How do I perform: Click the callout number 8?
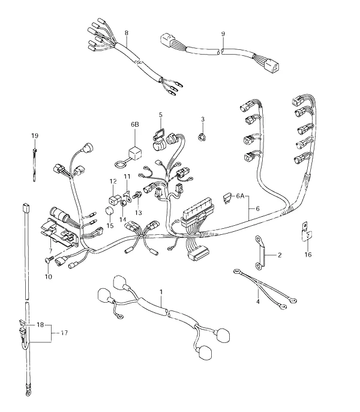pos(127,33)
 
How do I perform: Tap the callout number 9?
pos(223,34)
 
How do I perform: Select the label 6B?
pos(135,124)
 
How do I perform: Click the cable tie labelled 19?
pos(35,165)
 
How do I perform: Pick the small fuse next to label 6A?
pos(227,198)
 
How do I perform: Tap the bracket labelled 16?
pos(306,231)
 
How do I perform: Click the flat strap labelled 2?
pos(260,253)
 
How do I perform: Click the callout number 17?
pos(64,333)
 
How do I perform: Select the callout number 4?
pos(258,301)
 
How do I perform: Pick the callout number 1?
pos(161,292)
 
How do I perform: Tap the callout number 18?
pos(40,325)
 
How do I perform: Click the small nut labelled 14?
pos(122,204)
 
